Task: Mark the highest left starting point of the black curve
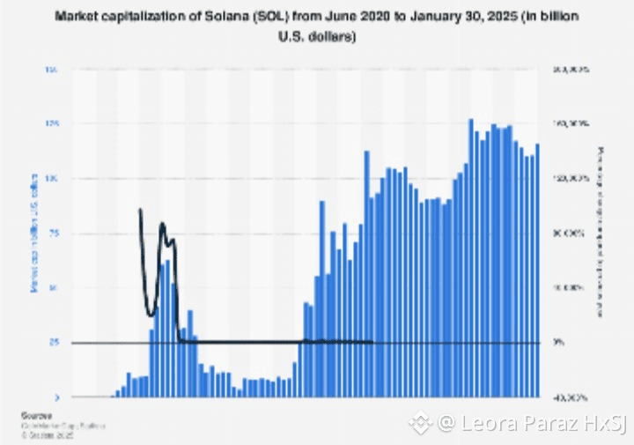tap(140, 210)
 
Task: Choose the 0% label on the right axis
tap(570, 343)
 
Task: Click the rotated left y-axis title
tap(34, 234)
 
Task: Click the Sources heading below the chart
tap(36, 414)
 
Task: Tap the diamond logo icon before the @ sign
tap(420, 424)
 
